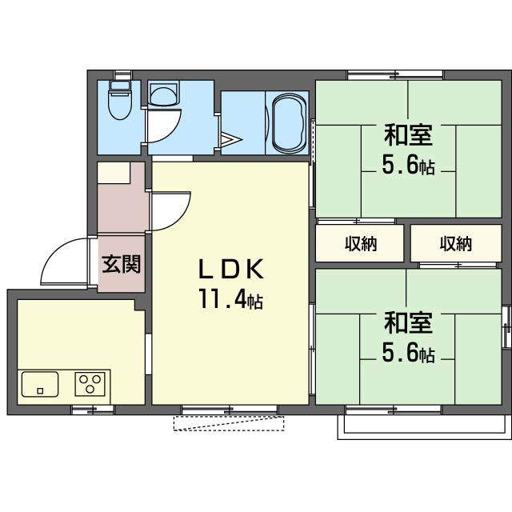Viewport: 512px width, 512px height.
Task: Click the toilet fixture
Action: (120, 99)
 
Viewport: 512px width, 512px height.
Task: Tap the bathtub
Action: (289, 123)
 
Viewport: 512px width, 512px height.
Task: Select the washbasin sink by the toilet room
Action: (163, 93)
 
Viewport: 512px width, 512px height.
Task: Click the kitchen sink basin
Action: (40, 384)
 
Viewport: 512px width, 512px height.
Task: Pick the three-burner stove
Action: (90, 384)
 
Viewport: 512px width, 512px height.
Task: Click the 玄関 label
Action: (121, 265)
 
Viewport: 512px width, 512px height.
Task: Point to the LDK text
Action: (231, 269)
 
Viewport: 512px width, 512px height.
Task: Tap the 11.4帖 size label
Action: (231, 298)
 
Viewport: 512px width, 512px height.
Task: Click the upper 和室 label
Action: (408, 135)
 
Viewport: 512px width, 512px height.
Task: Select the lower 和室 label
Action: (408, 323)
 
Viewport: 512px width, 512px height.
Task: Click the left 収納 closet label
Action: (361, 243)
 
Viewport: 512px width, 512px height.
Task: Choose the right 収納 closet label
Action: (456, 243)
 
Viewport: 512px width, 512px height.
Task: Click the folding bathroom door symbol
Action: (231, 140)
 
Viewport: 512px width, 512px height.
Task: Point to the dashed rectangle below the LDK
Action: (229, 423)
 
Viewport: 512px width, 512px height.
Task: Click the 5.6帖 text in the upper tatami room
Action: (408, 166)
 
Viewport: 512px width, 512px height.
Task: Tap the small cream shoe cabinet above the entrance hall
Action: (114, 173)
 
